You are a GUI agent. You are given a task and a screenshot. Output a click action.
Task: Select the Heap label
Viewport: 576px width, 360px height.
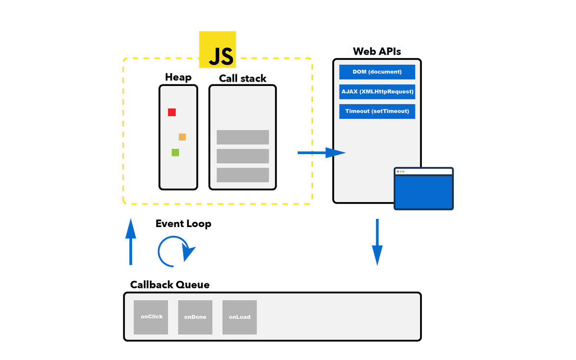[x=178, y=77]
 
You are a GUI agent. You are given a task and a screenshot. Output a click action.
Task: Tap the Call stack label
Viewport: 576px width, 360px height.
[x=242, y=78]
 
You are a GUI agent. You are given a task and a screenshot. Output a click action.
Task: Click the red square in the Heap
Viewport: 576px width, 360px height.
[x=172, y=112]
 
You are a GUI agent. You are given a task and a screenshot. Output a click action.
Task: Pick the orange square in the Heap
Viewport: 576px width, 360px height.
[x=182, y=137]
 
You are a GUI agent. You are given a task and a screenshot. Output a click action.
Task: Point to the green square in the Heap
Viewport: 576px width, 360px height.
[x=175, y=153]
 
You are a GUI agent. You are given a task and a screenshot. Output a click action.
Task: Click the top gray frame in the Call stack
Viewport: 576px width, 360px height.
[x=242, y=137]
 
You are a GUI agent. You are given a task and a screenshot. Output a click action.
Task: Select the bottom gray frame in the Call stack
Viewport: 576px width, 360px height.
[x=242, y=175]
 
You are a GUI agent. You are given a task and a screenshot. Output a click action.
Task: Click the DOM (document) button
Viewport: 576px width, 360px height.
[x=377, y=72]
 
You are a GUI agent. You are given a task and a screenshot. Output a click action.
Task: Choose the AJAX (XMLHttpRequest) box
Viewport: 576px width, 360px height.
[x=377, y=92]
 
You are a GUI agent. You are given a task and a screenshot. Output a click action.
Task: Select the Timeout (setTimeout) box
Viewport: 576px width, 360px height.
[x=377, y=111]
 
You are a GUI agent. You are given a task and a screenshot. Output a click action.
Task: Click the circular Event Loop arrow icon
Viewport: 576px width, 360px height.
[x=176, y=251]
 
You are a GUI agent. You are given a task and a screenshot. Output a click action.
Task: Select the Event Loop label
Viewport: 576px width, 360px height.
[x=183, y=224]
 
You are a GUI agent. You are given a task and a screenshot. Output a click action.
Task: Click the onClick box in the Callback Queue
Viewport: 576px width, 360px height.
[x=151, y=317]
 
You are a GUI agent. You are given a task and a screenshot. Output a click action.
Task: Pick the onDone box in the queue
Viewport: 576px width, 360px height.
[x=195, y=317]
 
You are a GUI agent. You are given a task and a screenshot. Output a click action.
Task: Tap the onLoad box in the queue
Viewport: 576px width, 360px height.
[x=240, y=317]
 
